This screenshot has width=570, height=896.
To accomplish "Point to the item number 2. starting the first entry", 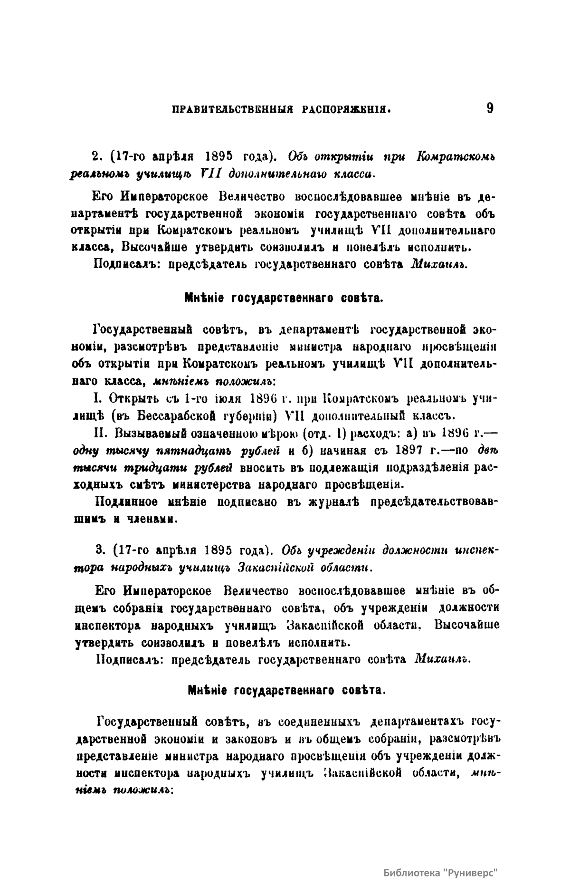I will (x=95, y=156).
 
